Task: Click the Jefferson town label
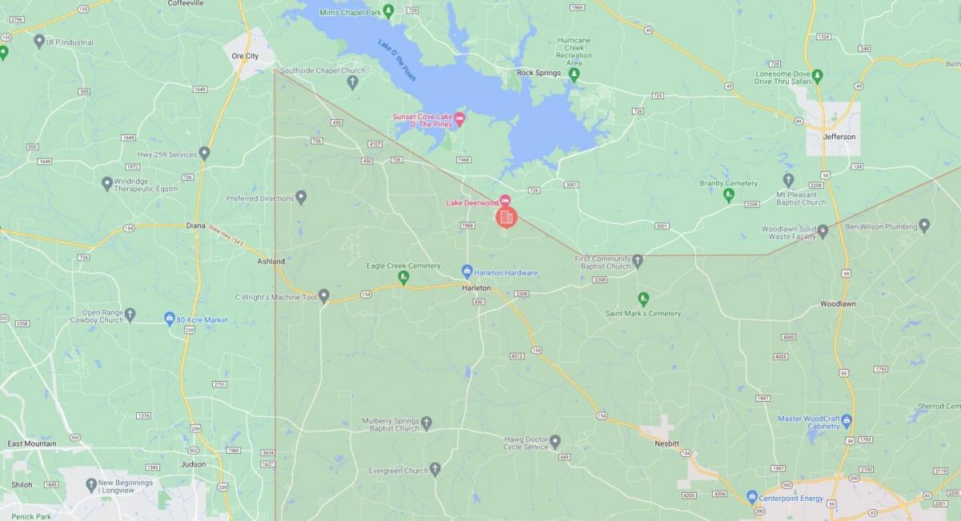pyautogui.click(x=838, y=137)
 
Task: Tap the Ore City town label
pyautogui.click(x=245, y=56)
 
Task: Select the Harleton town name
pyautogui.click(x=476, y=287)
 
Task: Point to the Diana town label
pyautogui.click(x=195, y=226)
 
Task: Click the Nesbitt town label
pyautogui.click(x=665, y=441)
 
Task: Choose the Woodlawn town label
pyautogui.click(x=838, y=304)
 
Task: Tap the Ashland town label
pyautogui.click(x=271, y=261)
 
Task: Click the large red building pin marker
pyautogui.click(x=505, y=217)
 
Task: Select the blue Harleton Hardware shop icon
pyautogui.click(x=468, y=272)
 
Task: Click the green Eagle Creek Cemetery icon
pyautogui.click(x=404, y=278)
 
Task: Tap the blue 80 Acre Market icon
pyautogui.click(x=170, y=319)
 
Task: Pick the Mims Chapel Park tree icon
pyautogui.click(x=388, y=10)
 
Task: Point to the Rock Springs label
pyautogui.click(x=539, y=73)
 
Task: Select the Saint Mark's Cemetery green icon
pyautogui.click(x=643, y=299)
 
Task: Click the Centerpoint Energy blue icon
pyautogui.click(x=752, y=497)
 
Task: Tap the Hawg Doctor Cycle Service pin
pyautogui.click(x=555, y=441)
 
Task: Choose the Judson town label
pyautogui.click(x=193, y=464)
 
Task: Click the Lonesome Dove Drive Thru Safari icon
pyautogui.click(x=817, y=75)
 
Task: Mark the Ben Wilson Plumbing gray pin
pyautogui.click(x=924, y=226)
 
